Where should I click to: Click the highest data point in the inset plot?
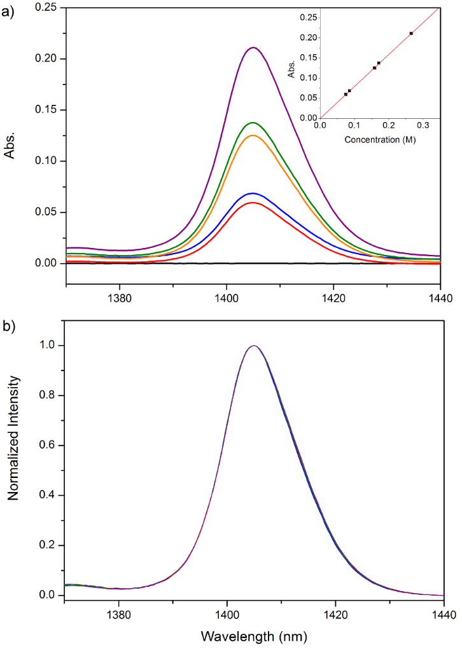[x=411, y=33]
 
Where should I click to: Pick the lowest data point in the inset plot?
[x=346, y=94]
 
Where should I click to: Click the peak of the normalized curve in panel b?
[x=254, y=346]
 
